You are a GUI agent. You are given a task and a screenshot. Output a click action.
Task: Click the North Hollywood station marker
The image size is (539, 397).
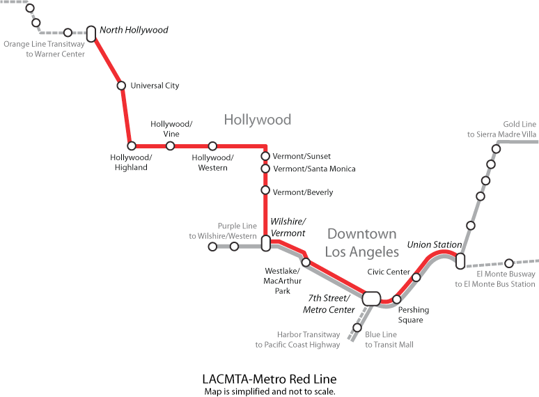91,33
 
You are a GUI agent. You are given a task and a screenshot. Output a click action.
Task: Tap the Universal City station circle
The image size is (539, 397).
121,86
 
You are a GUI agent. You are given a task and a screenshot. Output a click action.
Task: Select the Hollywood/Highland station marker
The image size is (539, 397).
131,146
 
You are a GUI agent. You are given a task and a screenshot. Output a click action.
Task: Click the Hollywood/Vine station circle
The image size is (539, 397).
170,146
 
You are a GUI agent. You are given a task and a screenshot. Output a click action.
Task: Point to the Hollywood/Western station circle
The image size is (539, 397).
212,146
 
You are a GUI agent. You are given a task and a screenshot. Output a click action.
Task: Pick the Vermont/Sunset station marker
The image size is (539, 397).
265,156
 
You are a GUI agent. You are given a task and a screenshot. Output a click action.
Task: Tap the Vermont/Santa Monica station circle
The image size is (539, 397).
265,169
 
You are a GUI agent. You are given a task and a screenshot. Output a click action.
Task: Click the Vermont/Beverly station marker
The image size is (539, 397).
265,190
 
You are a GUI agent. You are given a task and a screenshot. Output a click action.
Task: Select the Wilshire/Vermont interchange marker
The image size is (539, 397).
265,243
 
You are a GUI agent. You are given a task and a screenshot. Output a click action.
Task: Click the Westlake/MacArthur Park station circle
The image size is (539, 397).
305,263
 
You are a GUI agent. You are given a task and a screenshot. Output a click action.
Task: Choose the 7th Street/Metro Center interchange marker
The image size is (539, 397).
371,298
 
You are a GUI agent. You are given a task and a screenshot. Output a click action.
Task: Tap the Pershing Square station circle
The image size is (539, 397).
397,299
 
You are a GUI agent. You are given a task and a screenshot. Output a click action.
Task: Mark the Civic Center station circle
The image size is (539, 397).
416,277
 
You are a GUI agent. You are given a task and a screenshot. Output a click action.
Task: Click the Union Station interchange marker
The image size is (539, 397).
460,261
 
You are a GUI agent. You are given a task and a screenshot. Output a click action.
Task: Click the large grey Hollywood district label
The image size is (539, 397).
257,120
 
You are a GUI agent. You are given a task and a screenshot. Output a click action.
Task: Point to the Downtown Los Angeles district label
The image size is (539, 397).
362,242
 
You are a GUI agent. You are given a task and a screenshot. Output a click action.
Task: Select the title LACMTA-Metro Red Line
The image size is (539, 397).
269,380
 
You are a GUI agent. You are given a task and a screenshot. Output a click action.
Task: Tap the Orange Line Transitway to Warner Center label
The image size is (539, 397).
45,49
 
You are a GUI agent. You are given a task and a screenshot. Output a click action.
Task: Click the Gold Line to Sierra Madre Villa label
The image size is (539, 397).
502,129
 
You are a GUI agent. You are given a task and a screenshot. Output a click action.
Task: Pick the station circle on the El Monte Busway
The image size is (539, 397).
509,263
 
